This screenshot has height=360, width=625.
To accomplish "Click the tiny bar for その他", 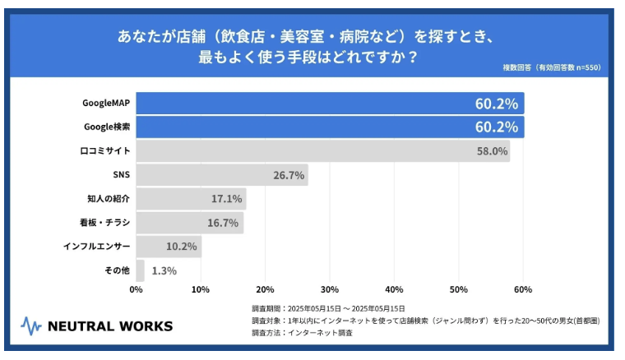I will pyautogui.click(x=141, y=270).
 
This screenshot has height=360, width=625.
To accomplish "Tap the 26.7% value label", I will pyautogui.click(x=289, y=175).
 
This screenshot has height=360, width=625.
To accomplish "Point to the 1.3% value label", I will pyautogui.click(x=163, y=270).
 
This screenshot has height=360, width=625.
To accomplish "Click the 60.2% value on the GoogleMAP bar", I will pyautogui.click(x=496, y=104).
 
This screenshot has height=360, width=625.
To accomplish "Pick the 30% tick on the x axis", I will pyautogui.click(x=330, y=289).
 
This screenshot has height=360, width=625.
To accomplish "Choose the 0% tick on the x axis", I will pyautogui.click(x=137, y=289).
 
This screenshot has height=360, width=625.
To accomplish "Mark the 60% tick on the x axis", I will pyautogui.click(x=522, y=289).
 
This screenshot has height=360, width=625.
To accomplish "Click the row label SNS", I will pyautogui.click(x=121, y=175).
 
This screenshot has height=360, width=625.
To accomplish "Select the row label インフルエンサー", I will pyautogui.click(x=97, y=247).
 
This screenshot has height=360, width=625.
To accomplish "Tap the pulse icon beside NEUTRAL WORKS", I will pyautogui.click(x=30, y=326).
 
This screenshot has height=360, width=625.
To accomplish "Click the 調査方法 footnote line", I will pyautogui.click(x=302, y=333).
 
